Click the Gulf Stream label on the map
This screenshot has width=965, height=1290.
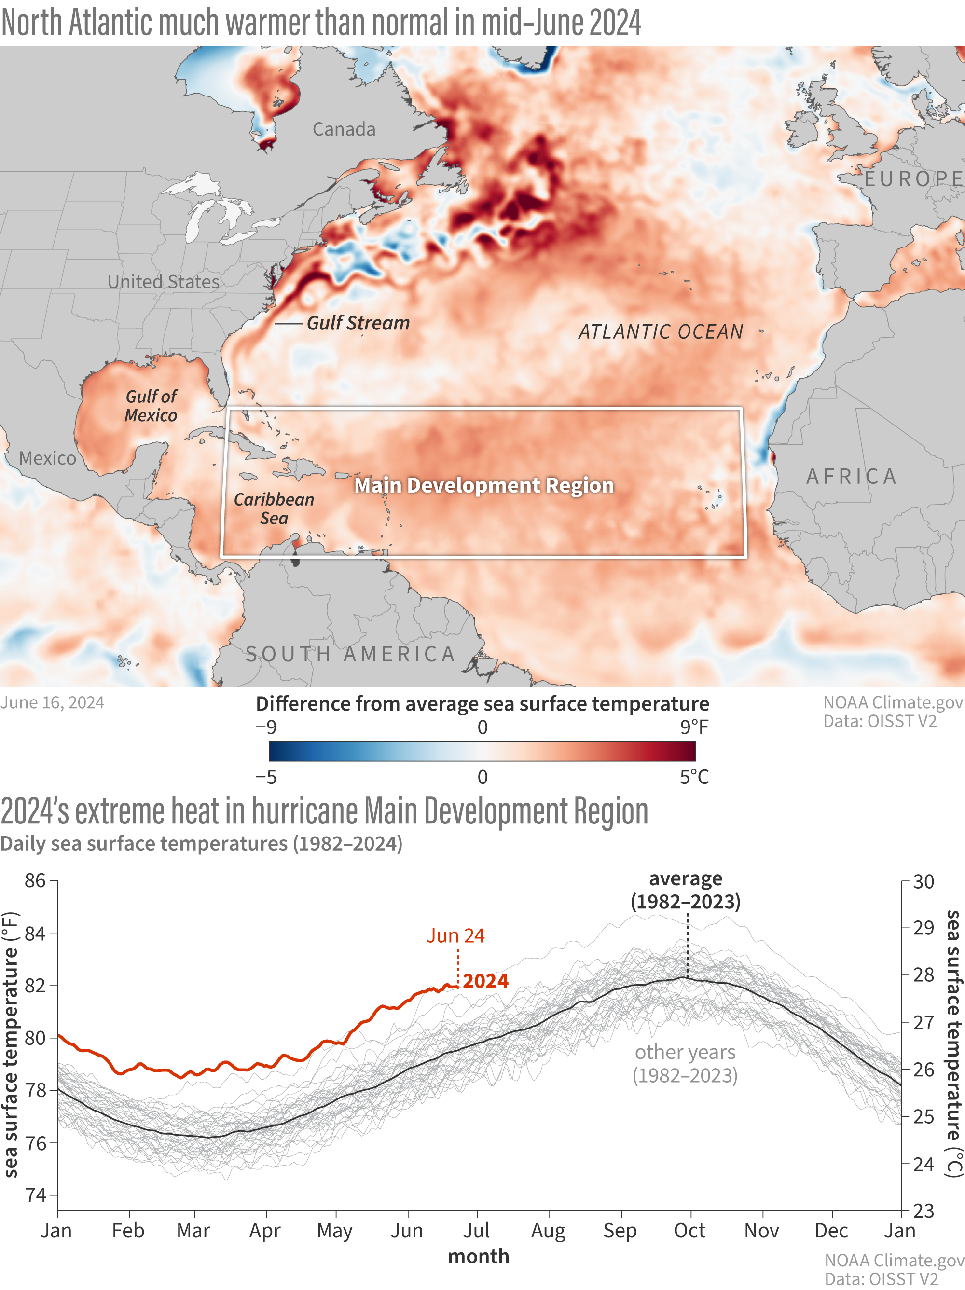[x=358, y=323]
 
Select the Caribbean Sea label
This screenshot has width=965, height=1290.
[x=274, y=508]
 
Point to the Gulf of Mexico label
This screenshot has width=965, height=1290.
[x=151, y=406]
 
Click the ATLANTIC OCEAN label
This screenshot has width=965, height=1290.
[x=661, y=332]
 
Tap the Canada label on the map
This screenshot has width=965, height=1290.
[x=344, y=129]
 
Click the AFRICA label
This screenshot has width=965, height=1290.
[x=851, y=477]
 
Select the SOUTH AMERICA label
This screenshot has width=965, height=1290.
[x=350, y=654]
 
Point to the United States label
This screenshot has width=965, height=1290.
[x=164, y=282]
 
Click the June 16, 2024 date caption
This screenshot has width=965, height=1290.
[x=53, y=703]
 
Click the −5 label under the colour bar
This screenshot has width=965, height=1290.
[x=266, y=777]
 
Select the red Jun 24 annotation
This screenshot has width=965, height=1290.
[x=455, y=935]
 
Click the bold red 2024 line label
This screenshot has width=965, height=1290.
[x=486, y=981]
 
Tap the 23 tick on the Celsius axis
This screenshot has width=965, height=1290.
[x=924, y=1211]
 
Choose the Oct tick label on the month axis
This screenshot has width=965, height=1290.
[x=689, y=1231]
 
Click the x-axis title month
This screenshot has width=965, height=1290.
[x=479, y=1256]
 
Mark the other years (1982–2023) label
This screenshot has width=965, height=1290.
[x=685, y=1063]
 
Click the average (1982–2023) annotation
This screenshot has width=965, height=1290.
[x=686, y=890]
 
